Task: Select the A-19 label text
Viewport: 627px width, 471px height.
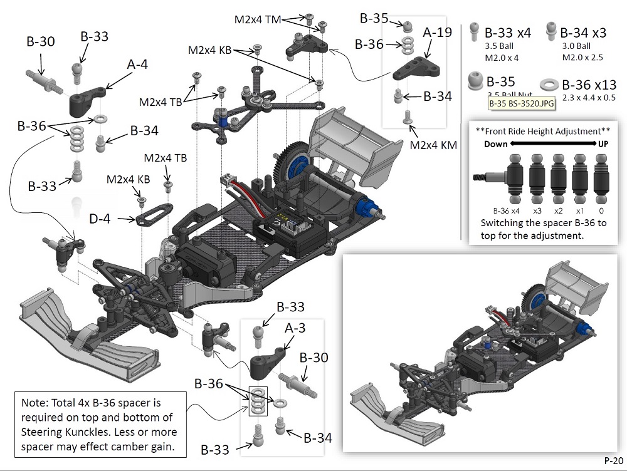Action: point(436,31)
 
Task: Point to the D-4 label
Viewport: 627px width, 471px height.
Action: point(100,219)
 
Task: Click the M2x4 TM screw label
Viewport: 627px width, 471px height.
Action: point(258,19)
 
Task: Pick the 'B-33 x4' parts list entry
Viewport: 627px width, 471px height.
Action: point(508,33)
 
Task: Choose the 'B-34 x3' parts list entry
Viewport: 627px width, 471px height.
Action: point(582,33)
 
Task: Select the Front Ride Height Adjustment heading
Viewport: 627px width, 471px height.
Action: point(543,132)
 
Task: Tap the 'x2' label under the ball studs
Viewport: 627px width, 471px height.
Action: point(559,211)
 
